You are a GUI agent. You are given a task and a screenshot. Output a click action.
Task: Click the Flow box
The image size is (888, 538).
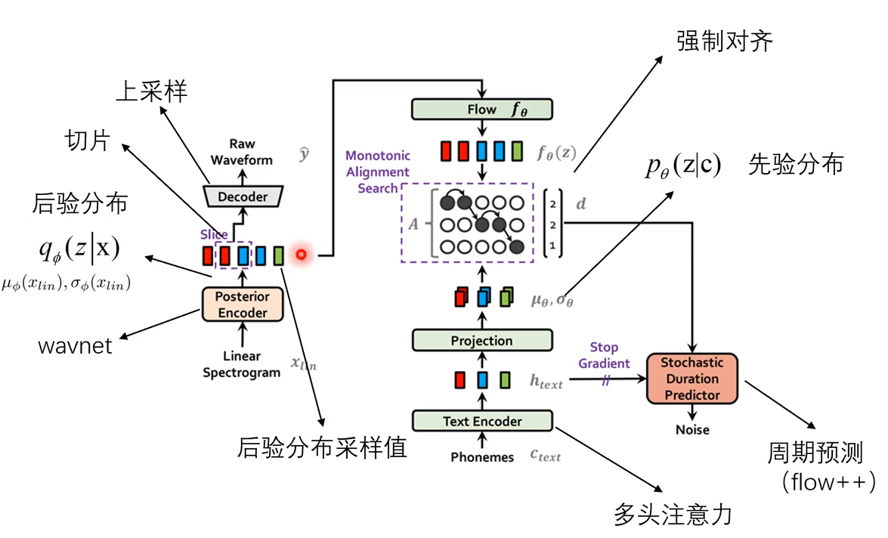tap(481, 110)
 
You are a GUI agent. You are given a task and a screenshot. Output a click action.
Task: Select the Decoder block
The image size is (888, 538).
tap(243, 196)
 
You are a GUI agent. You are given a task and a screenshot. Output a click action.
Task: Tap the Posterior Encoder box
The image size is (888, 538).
tap(242, 305)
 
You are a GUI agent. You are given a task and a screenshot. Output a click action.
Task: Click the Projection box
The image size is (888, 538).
tap(481, 341)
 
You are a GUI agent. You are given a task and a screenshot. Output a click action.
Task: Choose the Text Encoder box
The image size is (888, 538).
tap(481, 421)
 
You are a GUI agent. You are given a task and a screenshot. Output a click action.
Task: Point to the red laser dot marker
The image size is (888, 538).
tap(301, 255)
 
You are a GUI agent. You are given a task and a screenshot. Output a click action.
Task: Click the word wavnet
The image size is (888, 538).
tap(75, 346)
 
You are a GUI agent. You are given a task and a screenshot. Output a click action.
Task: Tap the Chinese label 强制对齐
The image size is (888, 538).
tap(724, 41)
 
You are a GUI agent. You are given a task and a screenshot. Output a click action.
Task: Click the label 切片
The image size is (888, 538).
tap(88, 141)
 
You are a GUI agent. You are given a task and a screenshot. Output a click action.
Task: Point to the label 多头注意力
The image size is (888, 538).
tap(673, 515)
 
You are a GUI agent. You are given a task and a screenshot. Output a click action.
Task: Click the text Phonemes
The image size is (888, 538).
tap(482, 457)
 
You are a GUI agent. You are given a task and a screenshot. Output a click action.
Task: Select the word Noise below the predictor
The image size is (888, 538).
tap(692, 429)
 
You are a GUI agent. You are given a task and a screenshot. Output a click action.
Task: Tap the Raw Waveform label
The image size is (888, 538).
tap(242, 152)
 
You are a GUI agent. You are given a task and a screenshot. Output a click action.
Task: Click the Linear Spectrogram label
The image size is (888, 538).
tap(242, 364)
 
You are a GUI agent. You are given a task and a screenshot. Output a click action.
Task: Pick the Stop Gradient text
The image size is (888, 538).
tap(604, 355)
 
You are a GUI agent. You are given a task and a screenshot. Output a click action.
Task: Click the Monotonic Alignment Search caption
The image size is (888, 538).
tap(378, 172)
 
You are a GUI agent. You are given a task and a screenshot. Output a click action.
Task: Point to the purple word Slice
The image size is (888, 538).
tap(214, 235)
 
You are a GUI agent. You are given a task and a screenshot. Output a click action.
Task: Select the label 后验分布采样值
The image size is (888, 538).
tap(322, 447)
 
